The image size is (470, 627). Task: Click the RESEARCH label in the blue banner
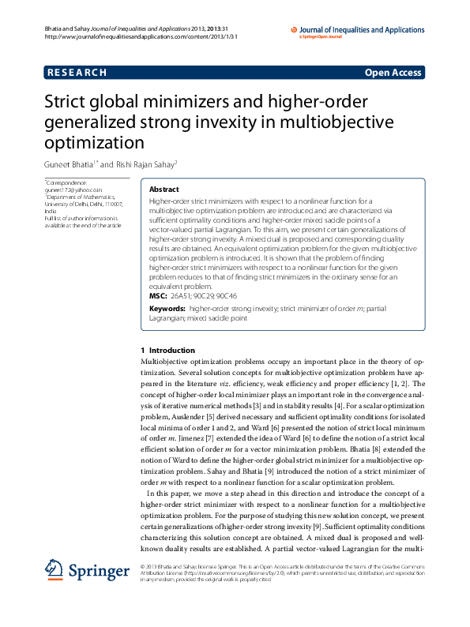77,73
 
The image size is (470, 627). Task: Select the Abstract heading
164,190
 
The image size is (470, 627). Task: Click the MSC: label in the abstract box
158,294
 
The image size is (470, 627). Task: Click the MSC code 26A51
181,294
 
